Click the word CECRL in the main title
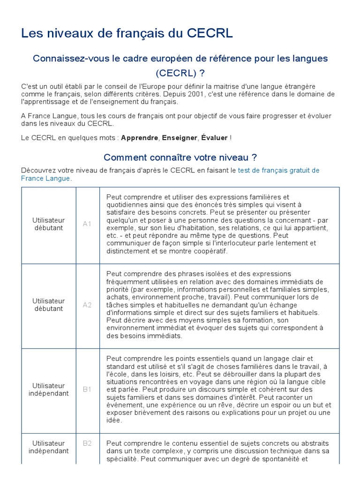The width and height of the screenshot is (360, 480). [x=210, y=34]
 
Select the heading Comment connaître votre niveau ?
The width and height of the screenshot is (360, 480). [x=180, y=157]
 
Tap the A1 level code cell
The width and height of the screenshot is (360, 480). [x=87, y=224]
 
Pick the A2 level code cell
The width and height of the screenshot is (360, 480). [x=87, y=305]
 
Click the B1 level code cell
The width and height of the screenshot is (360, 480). [x=87, y=390]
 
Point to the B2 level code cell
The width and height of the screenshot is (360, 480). [x=87, y=443]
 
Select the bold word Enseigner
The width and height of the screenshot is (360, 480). [x=180, y=138]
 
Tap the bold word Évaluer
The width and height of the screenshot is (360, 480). [x=215, y=138]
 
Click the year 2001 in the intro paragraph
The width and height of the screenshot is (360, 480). [x=192, y=94]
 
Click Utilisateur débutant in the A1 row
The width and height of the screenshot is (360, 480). [x=49, y=224]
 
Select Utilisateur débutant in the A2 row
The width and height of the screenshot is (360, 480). [x=49, y=305]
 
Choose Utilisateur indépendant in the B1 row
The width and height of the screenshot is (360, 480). [x=49, y=390]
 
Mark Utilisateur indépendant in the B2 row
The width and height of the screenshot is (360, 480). [x=49, y=447]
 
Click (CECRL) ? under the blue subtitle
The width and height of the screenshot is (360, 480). [x=180, y=74]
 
